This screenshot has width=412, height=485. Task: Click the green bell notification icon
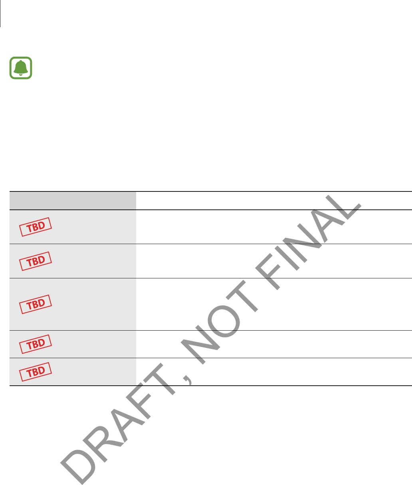20,67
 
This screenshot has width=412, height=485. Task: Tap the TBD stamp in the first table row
36,227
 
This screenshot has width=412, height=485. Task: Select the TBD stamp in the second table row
36,261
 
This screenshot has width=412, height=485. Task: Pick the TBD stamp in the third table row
36,304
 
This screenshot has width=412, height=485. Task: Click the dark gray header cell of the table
73,201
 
